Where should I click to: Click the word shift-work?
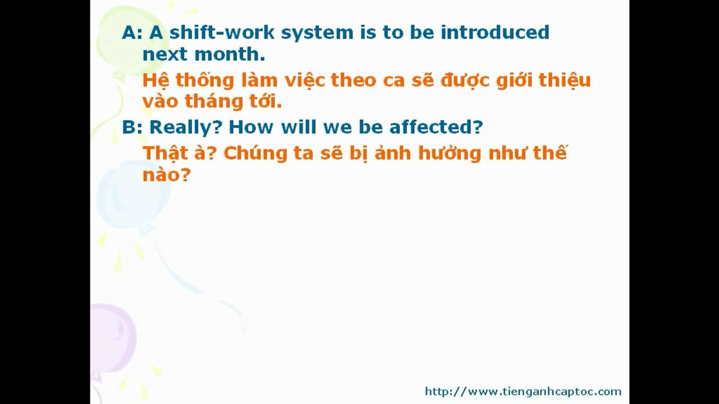pos(222,33)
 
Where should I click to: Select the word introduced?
pos(495,33)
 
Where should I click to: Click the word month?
pos(230,54)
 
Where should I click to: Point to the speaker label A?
pos(132,33)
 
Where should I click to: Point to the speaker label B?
pos(132,127)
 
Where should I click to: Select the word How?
pos(251,127)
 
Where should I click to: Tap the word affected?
pos(436,127)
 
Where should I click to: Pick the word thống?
pos(205,80)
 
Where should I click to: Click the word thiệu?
pos(565,80)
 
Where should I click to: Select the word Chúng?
pos(255,154)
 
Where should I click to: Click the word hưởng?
pos(450,153)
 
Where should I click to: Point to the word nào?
pos(167,175)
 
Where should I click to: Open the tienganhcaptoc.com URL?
pos(523,392)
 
